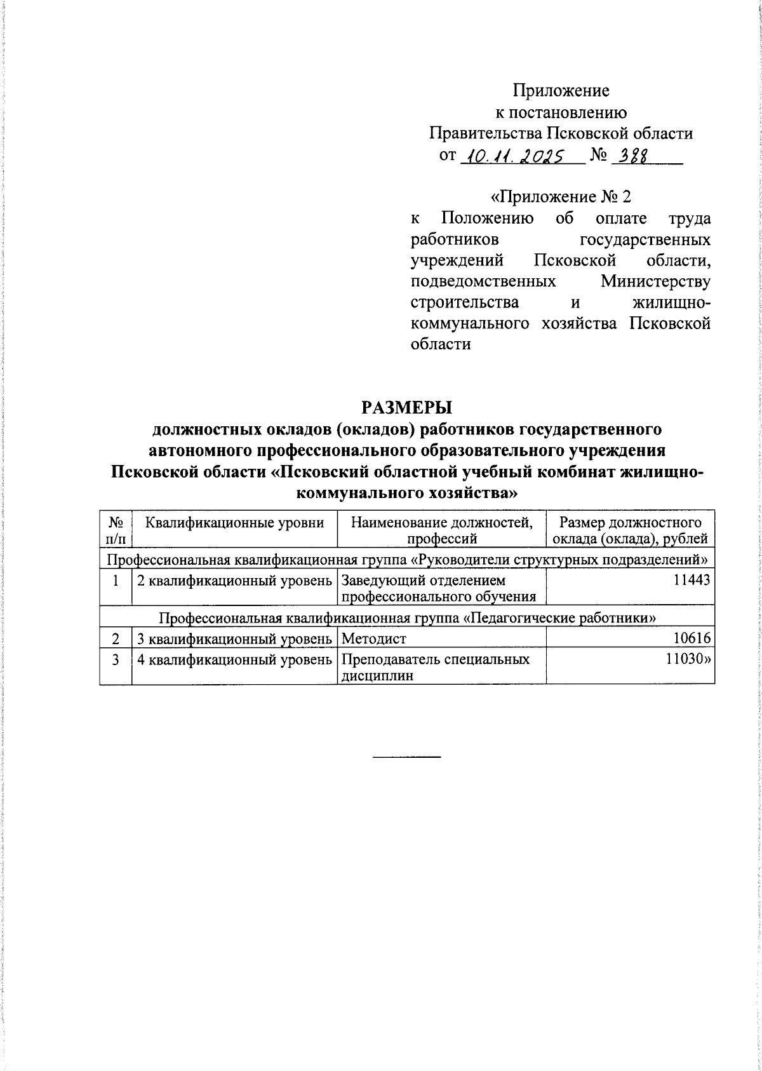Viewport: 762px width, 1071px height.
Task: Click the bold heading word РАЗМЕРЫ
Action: (x=406, y=407)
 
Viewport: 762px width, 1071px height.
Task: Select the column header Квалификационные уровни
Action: (x=235, y=523)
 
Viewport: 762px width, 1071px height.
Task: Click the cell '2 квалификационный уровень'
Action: (x=235, y=580)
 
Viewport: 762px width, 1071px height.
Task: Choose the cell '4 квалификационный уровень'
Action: (x=235, y=660)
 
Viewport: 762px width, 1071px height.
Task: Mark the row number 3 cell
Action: (x=116, y=660)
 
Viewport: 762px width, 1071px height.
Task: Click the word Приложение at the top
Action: (x=561, y=91)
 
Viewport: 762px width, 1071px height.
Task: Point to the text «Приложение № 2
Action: (x=561, y=196)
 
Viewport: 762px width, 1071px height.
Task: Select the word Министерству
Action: (x=655, y=281)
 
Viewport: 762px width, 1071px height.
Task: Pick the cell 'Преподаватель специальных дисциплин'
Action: (x=436, y=667)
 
